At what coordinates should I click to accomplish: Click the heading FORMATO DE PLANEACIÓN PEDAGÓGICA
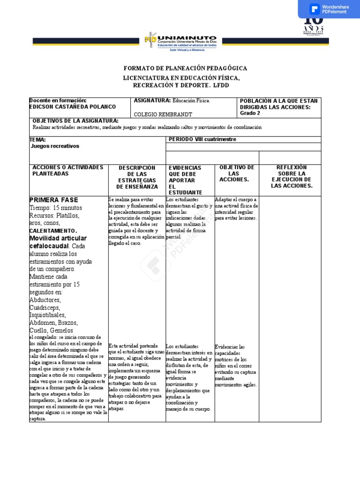(x=185, y=68)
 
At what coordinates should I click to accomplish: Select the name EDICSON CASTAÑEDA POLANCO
(x=73, y=107)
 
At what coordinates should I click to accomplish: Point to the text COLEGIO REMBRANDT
(x=163, y=114)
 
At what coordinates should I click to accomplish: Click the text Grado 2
(x=250, y=113)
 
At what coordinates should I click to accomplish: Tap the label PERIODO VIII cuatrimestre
(x=202, y=139)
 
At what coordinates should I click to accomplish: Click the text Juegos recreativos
(x=55, y=146)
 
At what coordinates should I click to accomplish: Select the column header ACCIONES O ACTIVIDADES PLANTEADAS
(x=67, y=171)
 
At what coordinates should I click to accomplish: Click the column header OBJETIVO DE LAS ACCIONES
(x=237, y=173)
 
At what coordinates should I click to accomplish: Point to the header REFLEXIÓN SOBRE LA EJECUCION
(x=291, y=177)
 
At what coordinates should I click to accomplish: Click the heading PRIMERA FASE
(x=53, y=200)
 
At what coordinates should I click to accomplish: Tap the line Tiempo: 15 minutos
(x=55, y=208)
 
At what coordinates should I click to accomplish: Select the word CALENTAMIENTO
(x=53, y=231)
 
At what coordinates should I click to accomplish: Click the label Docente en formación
(x=58, y=100)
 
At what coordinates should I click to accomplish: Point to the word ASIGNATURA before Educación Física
(x=152, y=100)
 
